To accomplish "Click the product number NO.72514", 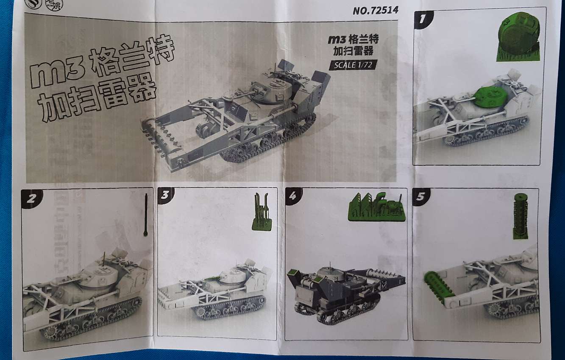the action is tap(376, 10).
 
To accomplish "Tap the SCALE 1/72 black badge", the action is tap(353, 65).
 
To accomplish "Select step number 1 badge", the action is tap(423, 19).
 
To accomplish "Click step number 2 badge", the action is tap(31, 199).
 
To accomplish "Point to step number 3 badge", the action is tap(165, 195).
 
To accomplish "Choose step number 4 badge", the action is tap(293, 196).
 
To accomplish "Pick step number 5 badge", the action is tap(421, 197).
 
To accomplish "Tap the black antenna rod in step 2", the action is tap(146, 215).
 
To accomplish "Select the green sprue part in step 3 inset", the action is tap(262, 212).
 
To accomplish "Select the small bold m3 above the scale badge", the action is tap(337, 39).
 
